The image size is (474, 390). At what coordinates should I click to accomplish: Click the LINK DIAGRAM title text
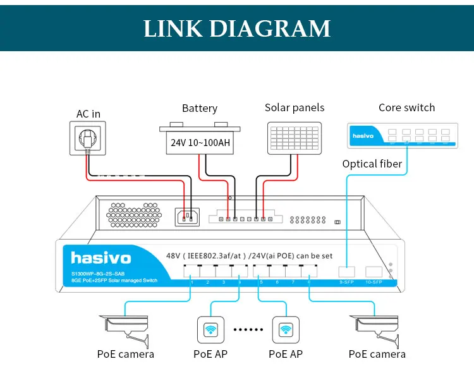pos(237,28)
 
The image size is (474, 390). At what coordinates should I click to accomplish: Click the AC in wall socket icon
pos(87,138)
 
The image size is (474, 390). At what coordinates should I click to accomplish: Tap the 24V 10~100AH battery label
pos(200,142)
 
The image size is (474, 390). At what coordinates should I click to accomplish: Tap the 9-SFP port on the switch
pos(347,274)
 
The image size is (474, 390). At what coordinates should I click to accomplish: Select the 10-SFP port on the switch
pos(374,274)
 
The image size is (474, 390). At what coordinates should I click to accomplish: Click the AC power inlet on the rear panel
pos(187,217)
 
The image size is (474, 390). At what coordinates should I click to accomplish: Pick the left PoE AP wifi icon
pos(210,329)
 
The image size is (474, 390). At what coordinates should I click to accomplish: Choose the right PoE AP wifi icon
pos(285,329)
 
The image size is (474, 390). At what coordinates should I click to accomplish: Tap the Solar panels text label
pos(295,107)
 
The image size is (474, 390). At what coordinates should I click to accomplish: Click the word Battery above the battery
pos(200,108)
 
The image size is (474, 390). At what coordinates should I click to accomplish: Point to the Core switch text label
pos(406,107)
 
